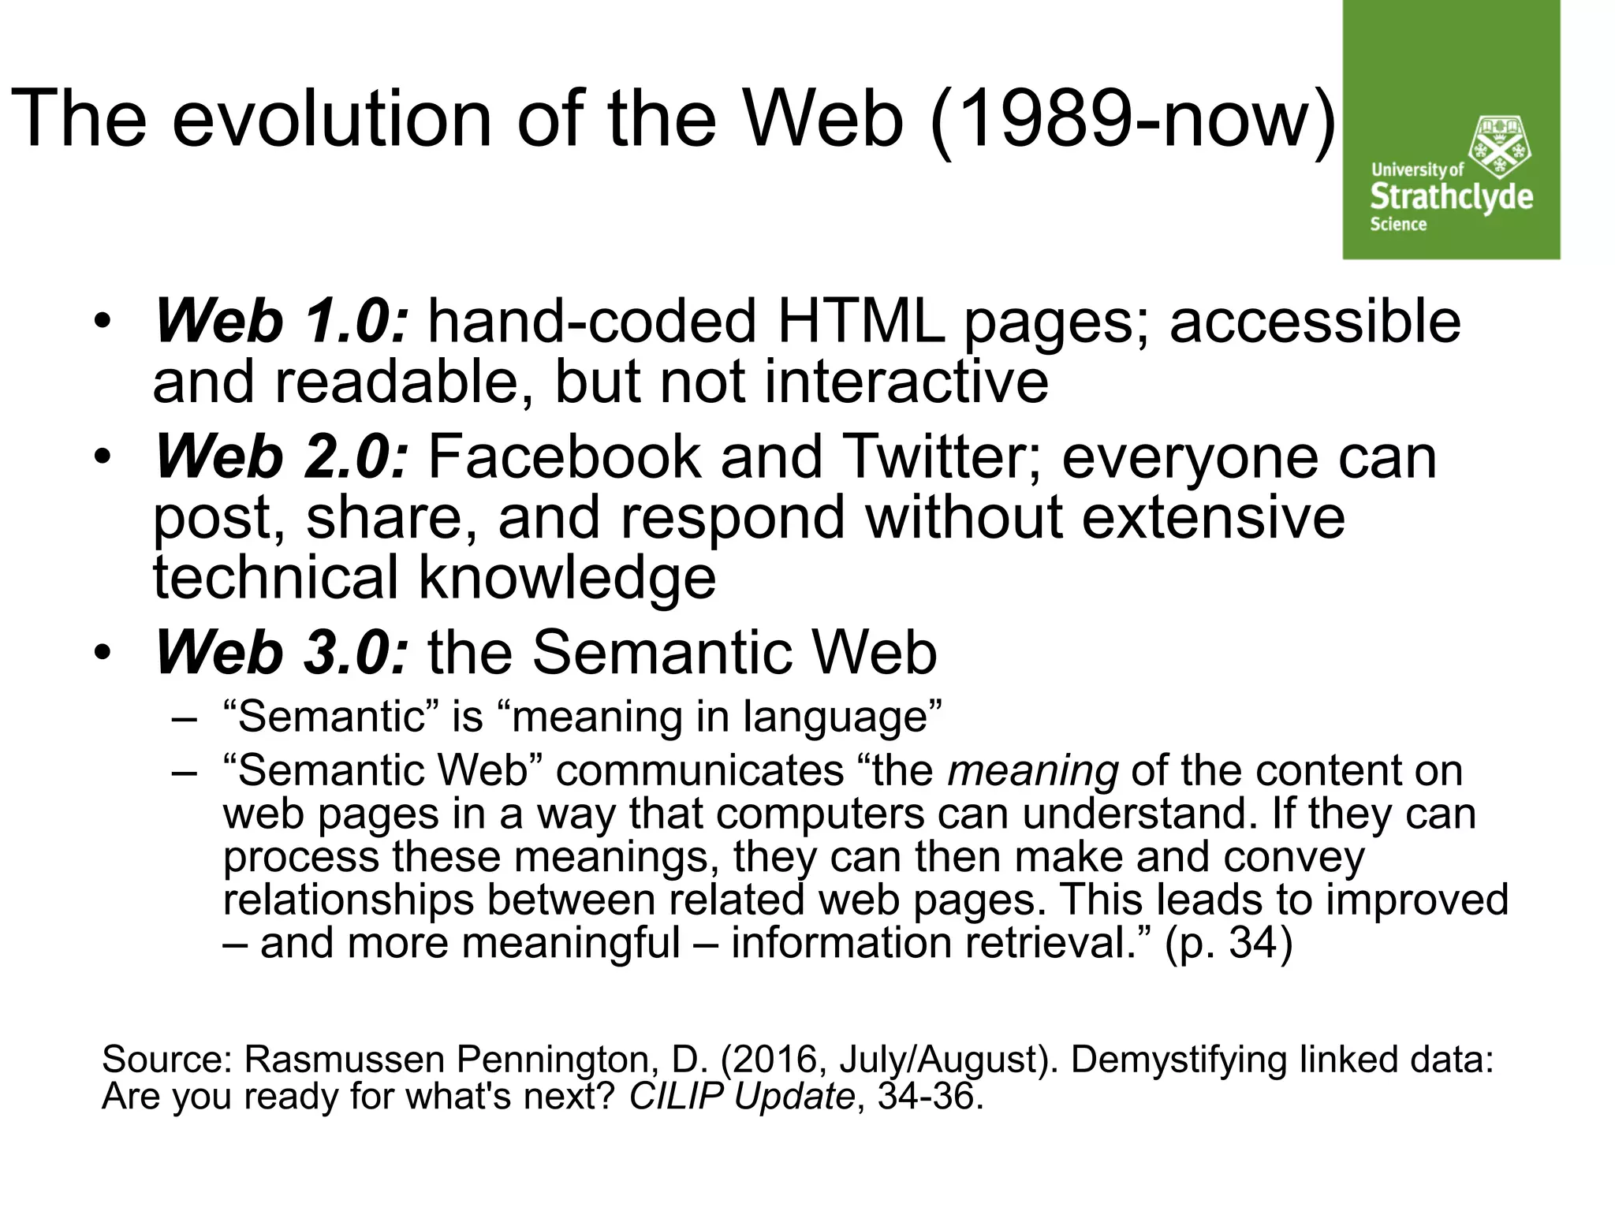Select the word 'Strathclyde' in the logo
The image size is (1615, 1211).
1451,196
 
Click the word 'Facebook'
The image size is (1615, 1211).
565,457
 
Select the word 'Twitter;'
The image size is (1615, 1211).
942,457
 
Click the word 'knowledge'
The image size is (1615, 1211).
568,577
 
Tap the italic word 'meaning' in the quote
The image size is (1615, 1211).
1033,771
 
